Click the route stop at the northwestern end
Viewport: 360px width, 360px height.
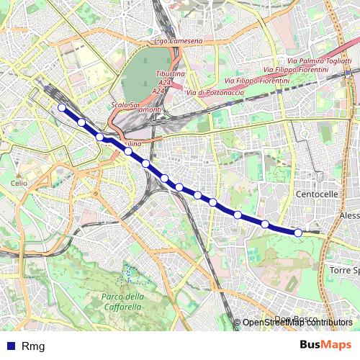[62, 108]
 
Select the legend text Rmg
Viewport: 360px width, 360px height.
[33, 346]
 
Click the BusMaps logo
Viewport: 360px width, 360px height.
[326, 345]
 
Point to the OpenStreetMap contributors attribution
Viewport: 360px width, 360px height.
[297, 323]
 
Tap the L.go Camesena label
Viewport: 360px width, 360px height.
[179, 42]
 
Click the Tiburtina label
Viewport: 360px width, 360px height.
[171, 74]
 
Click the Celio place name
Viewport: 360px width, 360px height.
[19, 184]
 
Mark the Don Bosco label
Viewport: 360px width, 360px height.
[292, 319]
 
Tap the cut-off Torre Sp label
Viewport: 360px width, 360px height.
[344, 270]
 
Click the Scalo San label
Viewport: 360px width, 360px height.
[125, 105]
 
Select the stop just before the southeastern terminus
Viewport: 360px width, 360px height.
[265, 224]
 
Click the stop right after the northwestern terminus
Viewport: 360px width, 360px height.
[82, 122]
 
